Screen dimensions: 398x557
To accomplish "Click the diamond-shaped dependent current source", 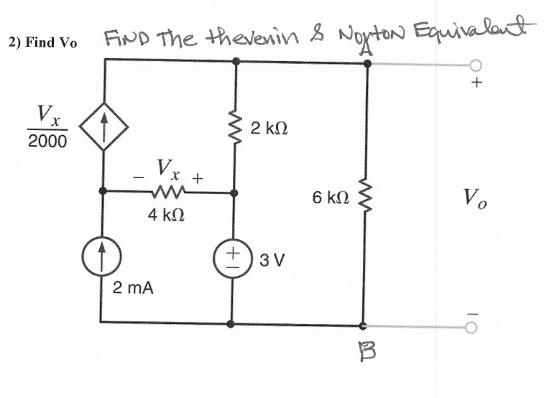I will tap(106, 134).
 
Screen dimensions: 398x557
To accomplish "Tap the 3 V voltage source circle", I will tap(234, 258).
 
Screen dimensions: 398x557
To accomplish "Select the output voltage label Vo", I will tap(475, 196).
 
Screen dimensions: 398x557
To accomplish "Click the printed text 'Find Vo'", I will tap(42, 42).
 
